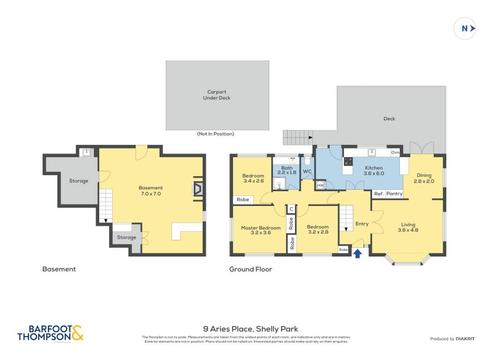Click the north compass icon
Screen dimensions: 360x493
point(465,28)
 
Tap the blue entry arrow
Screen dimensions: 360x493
point(358,252)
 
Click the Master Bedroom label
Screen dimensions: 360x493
point(261,230)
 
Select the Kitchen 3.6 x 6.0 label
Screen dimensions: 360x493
point(374,171)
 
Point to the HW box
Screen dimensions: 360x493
point(320,185)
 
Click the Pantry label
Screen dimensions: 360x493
point(394,194)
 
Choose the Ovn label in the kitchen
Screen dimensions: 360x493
point(395,152)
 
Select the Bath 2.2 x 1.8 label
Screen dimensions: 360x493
point(287,170)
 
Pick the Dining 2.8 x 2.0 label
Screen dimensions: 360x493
point(424,178)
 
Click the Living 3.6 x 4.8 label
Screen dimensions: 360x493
point(409,227)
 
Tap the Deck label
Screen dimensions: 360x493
point(389,119)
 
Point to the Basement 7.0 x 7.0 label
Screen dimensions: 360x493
point(150,190)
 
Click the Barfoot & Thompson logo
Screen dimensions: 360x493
point(50,333)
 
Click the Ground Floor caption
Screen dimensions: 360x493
point(250,269)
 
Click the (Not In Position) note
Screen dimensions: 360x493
point(216,134)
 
